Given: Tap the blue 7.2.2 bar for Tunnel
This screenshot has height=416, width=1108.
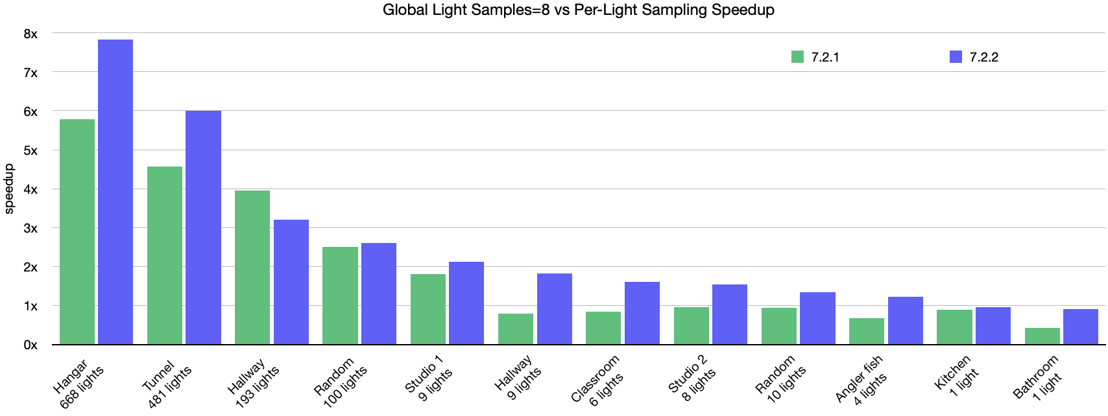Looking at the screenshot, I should [x=203, y=227].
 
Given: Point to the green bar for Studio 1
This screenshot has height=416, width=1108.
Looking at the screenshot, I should [x=428, y=309].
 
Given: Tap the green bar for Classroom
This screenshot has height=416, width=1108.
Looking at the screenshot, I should [x=603, y=328].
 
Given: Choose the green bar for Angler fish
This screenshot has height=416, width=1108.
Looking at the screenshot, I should [x=867, y=331].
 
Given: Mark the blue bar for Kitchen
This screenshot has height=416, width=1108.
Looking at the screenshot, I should [x=993, y=325].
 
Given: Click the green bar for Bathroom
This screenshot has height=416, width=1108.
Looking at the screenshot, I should [x=1042, y=336].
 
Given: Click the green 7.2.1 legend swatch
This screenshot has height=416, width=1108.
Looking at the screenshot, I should [x=797, y=57].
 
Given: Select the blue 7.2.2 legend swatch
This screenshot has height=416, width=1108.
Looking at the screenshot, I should [x=956, y=57].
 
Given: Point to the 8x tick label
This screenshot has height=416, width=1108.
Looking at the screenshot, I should [x=30, y=34].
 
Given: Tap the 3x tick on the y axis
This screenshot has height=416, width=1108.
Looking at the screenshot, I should [x=30, y=228].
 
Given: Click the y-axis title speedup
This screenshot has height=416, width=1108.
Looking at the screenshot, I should [x=9, y=189].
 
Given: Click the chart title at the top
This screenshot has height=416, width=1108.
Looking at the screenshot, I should [x=578, y=10].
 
